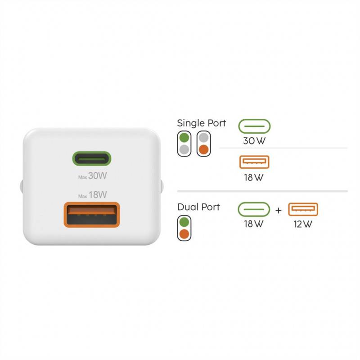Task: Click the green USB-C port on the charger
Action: pos(92,158)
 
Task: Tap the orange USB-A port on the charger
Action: pos(92,215)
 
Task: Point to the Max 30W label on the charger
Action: pos(93,176)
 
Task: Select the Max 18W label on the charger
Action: pos(93,195)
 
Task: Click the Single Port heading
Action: pos(201,123)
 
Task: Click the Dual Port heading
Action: pos(198,207)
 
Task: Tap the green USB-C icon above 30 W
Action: pos(254,126)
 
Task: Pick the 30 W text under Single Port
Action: pos(254,141)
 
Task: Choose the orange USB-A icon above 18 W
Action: pos(254,162)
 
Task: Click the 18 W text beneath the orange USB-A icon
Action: pos(254,177)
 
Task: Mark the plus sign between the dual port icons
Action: pos(279,210)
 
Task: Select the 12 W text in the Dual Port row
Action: pos(303,224)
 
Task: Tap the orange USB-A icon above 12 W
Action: pos(303,209)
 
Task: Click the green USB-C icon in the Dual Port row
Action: pos(254,209)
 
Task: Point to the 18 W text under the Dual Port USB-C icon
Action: pos(254,224)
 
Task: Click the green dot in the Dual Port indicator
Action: pos(184,222)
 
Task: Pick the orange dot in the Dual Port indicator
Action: pos(184,234)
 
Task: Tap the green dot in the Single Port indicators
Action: pos(184,138)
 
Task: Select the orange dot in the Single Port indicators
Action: pos(204,150)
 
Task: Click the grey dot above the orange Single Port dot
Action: pos(204,138)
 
